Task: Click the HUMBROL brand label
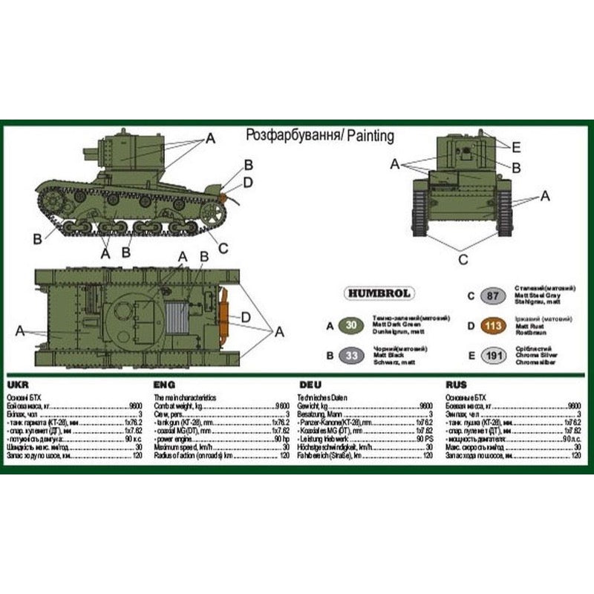(x=378, y=293)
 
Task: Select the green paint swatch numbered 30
(x=350, y=324)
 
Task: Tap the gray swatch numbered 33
(x=350, y=356)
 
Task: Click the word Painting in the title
(x=368, y=136)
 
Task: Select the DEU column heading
(x=310, y=385)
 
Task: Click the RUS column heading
(x=457, y=385)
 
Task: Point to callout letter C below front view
(x=463, y=259)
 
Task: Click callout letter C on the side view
(x=222, y=248)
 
